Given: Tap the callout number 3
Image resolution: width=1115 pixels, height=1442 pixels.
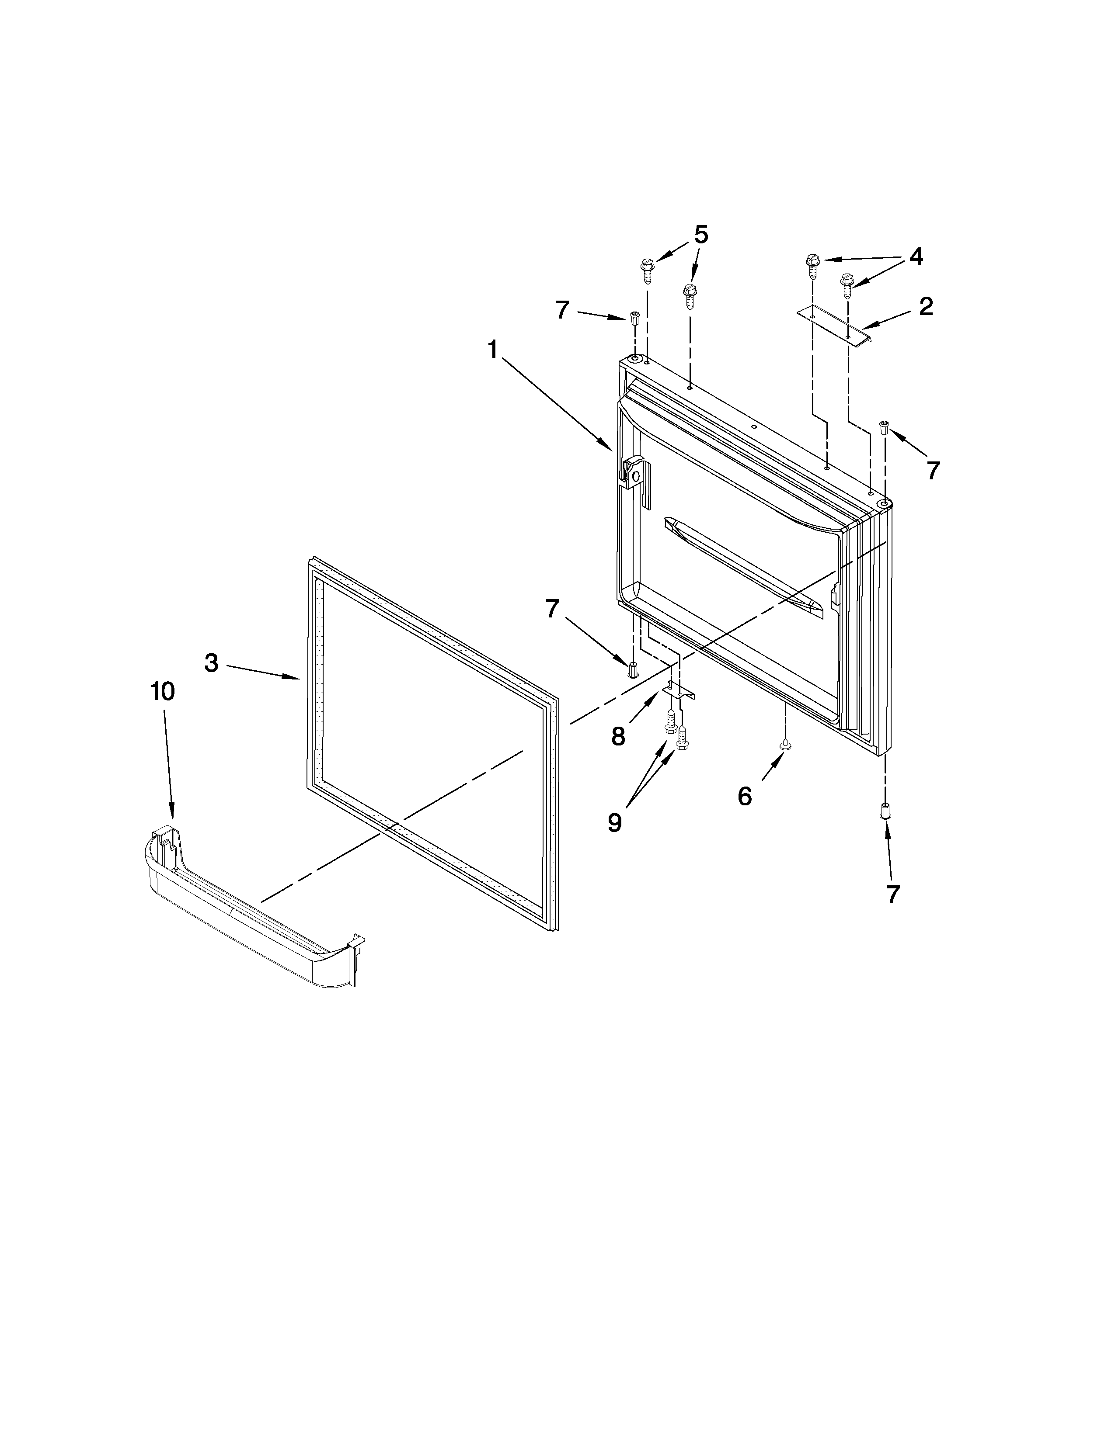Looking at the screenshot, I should tap(211, 663).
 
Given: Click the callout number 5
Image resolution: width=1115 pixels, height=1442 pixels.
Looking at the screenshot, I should tap(701, 234).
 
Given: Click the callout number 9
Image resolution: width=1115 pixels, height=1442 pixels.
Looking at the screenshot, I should tap(614, 823).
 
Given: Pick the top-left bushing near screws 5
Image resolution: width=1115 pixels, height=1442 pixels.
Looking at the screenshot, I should tap(635, 318).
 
